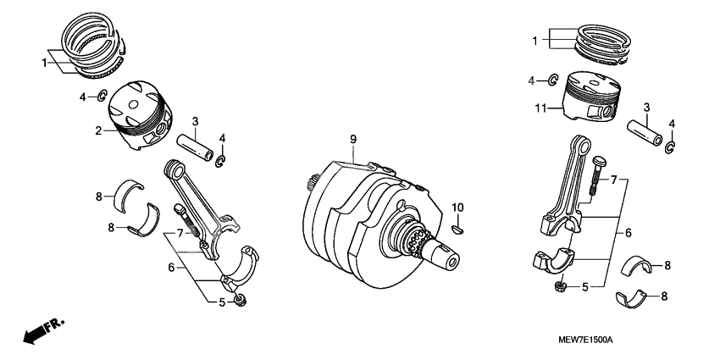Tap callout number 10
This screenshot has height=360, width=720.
pyautogui.click(x=457, y=208)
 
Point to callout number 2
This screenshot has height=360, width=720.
pyautogui.click(x=98, y=130)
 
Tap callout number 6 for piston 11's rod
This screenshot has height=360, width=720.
pyautogui.click(x=629, y=232)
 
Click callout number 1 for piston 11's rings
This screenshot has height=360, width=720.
pyautogui.click(x=534, y=40)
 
